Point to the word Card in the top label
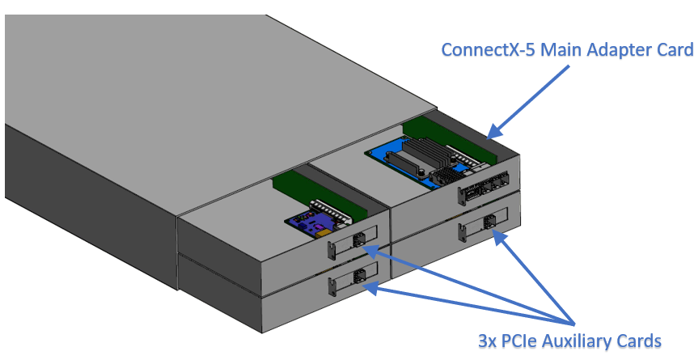click(x=675, y=50)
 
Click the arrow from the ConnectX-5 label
click(x=527, y=100)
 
